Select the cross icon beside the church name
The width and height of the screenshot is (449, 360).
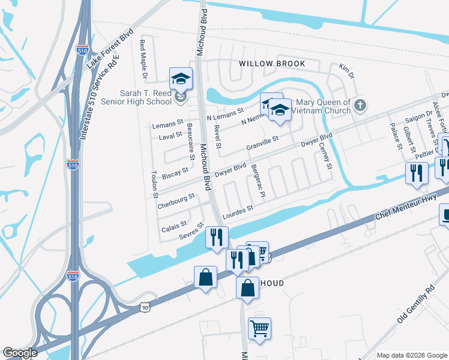360,106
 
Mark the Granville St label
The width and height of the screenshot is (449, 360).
262,143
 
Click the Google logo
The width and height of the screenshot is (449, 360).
20,353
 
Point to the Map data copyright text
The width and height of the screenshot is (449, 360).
412,355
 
